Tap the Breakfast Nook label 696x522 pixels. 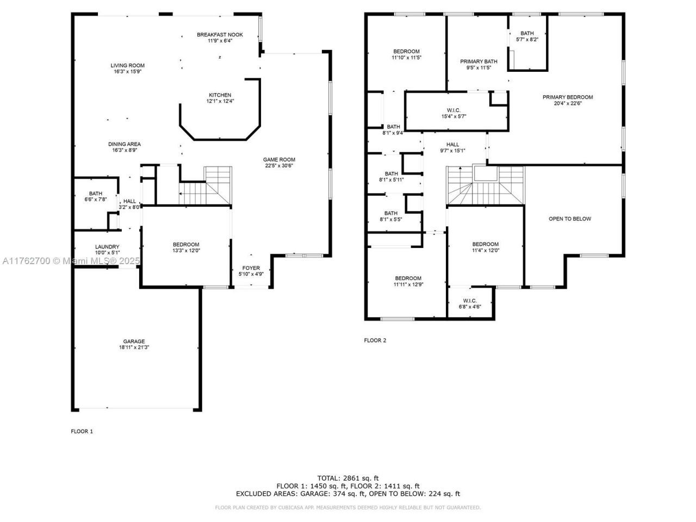point(220,35)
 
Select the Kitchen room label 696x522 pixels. point(220,95)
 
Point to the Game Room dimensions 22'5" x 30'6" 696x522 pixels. point(280,166)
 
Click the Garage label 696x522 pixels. point(134,341)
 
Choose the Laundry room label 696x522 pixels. point(107,247)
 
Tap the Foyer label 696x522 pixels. point(251,268)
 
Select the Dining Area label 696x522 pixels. point(124,144)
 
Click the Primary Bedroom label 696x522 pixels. point(568,97)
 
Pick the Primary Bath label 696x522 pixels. point(478,61)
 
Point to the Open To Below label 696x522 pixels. point(569,219)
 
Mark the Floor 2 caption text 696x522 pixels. point(375,340)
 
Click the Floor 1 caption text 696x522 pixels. point(82,431)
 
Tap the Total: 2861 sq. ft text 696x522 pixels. point(348,477)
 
